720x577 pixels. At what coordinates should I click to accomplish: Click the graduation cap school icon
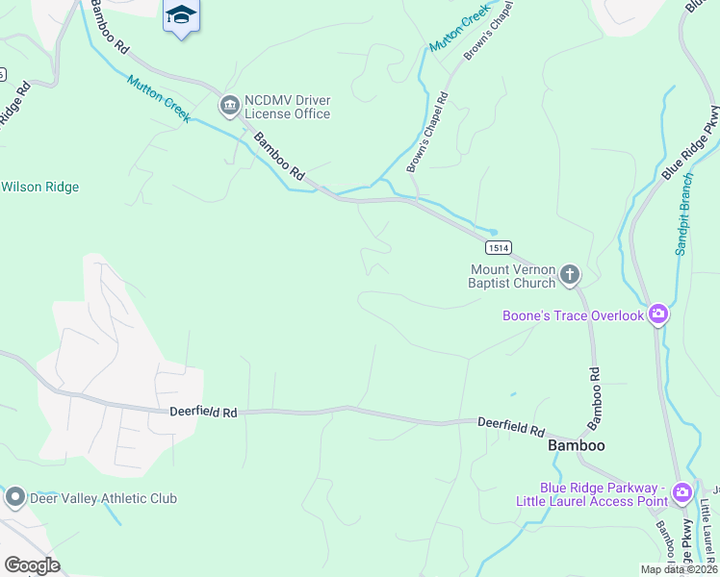pyautogui.click(x=181, y=14)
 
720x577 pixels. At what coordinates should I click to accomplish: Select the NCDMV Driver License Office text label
pyautogui.click(x=287, y=107)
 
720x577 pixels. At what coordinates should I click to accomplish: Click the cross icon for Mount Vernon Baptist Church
pyautogui.click(x=569, y=276)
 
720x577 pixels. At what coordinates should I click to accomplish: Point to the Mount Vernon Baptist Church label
pyautogui.click(x=512, y=276)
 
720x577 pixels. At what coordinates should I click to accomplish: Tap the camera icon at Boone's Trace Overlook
pyautogui.click(x=658, y=314)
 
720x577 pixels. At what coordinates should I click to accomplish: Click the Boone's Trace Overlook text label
pyautogui.click(x=573, y=315)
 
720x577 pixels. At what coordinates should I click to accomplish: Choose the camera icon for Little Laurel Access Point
pyautogui.click(x=681, y=492)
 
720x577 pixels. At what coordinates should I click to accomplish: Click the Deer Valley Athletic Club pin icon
pyautogui.click(x=14, y=497)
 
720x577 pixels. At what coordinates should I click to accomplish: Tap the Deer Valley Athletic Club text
pyautogui.click(x=103, y=498)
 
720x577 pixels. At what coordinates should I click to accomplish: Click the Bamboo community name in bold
pyautogui.click(x=576, y=446)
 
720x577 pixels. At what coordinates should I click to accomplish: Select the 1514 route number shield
pyautogui.click(x=498, y=247)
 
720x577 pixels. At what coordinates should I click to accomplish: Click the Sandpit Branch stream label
pyautogui.click(x=682, y=213)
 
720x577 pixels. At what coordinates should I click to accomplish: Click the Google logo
pyautogui.click(x=32, y=564)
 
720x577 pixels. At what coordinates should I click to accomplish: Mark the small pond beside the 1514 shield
pyautogui.click(x=493, y=232)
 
